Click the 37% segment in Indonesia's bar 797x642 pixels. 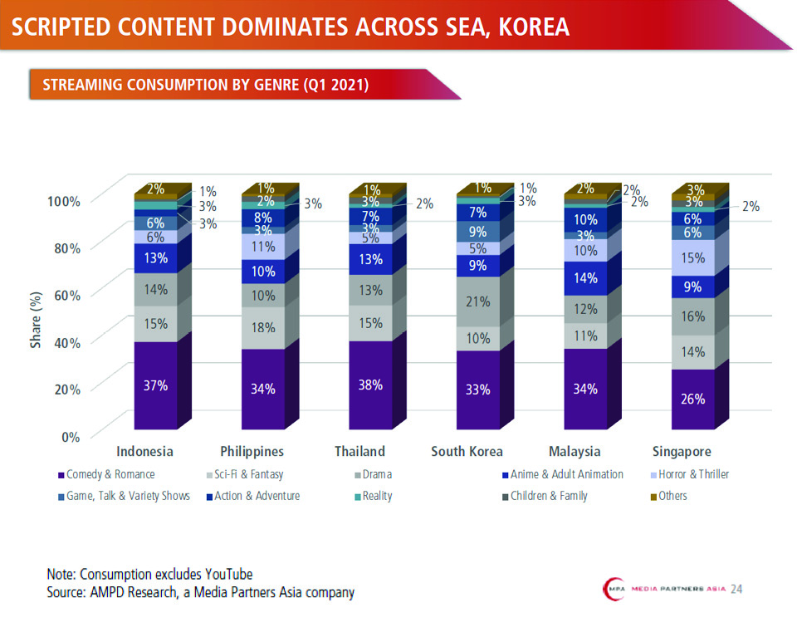[156, 385]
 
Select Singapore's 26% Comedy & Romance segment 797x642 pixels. [694, 399]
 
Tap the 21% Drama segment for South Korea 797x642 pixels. [478, 301]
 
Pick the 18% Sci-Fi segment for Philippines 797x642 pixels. [263, 327]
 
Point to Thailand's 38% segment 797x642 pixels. [371, 385]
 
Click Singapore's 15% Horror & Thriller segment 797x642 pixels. [694, 257]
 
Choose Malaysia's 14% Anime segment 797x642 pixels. [586, 278]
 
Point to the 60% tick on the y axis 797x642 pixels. [64, 294]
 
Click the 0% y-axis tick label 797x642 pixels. [70, 435]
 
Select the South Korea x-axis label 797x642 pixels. [467, 452]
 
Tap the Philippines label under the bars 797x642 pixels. [252, 452]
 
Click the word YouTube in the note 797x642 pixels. [224, 574]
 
